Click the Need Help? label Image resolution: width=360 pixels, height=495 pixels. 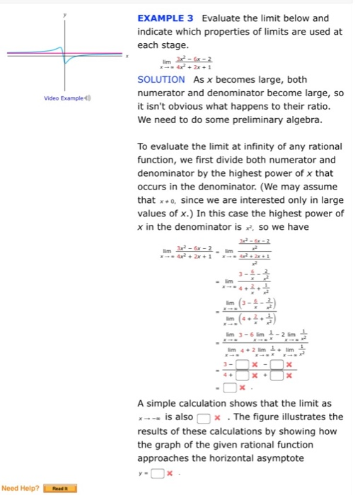tap(20, 488)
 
